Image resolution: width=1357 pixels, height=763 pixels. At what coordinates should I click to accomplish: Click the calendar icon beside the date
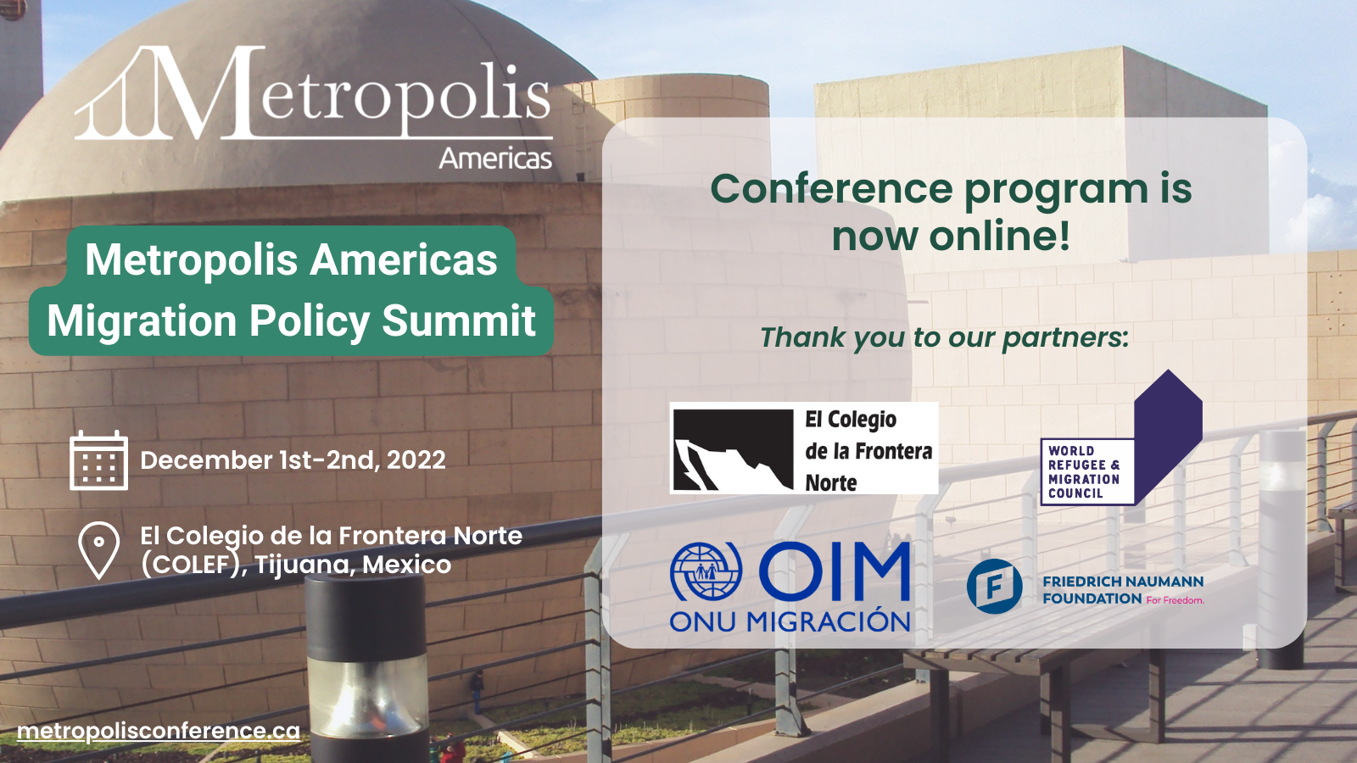point(98,460)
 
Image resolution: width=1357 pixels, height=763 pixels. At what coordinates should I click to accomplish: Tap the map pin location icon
point(99,550)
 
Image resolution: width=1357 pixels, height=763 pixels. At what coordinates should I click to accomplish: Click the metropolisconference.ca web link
point(159,731)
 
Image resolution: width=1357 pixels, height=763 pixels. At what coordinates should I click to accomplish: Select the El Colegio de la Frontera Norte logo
point(804,448)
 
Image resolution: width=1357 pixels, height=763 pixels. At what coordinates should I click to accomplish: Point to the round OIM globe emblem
point(706,571)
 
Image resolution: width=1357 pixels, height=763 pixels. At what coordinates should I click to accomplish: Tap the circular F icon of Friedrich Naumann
point(994,586)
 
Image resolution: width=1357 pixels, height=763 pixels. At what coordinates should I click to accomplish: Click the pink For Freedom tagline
point(1175,600)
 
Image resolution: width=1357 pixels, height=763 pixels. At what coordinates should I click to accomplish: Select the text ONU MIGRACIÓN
point(790,621)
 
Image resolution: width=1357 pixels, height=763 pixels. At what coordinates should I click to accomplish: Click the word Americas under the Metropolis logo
point(495,159)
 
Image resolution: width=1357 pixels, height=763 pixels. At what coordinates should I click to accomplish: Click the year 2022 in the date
point(416,460)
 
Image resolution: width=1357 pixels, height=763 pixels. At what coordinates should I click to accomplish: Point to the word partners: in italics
point(1065,338)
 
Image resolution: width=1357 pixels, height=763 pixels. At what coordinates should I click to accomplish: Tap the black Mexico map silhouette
point(733,448)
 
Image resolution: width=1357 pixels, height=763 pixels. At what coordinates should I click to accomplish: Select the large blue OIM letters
point(835,571)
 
